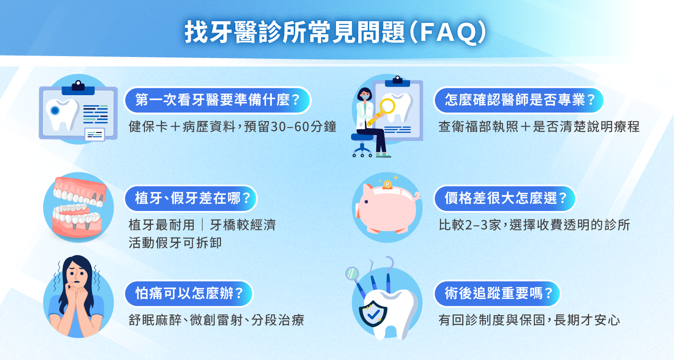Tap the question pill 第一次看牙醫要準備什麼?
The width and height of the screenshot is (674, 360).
pos(217,100)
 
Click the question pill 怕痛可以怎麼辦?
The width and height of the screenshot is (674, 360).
pos(189,294)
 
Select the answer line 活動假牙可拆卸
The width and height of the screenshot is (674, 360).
pos(175,243)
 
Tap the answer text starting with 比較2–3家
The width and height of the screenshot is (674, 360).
pos(534,225)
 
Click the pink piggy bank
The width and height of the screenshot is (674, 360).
pos(386,209)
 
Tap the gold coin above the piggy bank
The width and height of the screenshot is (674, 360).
pos(387,184)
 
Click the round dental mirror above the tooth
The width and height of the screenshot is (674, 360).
pos(352,273)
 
